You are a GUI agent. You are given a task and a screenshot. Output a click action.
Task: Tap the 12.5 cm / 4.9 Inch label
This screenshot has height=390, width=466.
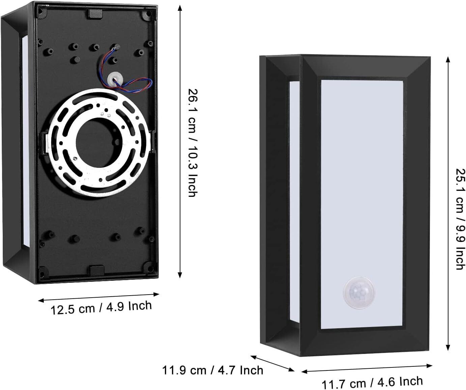tap(101, 308)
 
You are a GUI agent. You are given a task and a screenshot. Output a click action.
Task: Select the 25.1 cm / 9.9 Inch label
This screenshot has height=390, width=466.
tap(460, 219)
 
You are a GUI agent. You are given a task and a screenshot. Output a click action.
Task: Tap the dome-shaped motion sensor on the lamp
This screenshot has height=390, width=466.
tap(359, 293)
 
